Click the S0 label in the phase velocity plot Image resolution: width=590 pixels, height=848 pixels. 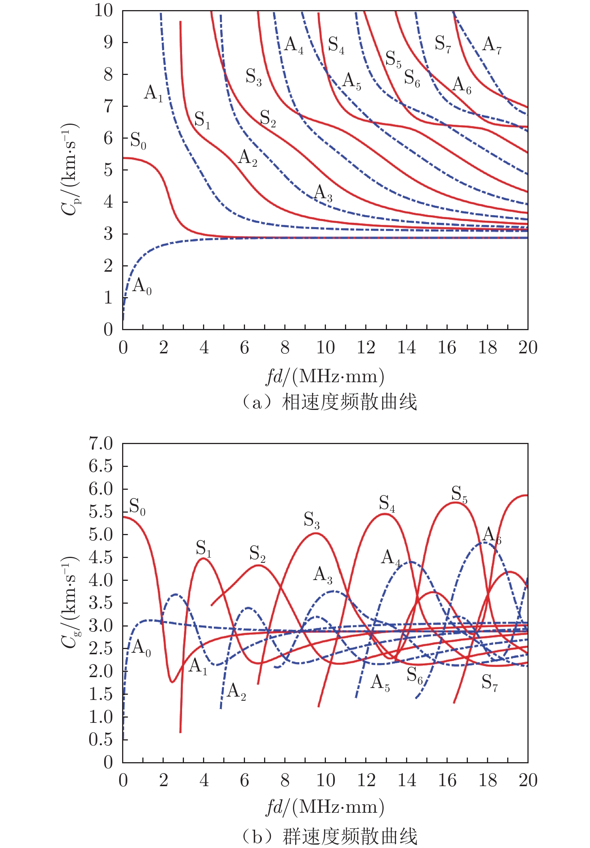click(x=138, y=141)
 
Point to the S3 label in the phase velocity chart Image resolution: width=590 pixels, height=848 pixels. click(x=254, y=77)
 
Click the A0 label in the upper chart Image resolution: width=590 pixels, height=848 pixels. click(x=142, y=286)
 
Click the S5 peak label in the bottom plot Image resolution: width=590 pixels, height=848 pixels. click(x=459, y=494)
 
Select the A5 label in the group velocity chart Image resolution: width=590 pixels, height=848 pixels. click(x=380, y=682)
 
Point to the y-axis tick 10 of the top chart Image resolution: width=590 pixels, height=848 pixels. click(x=103, y=10)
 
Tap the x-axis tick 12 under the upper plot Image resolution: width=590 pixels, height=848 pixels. click(x=366, y=348)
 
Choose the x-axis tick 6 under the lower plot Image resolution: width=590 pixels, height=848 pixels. click(x=244, y=780)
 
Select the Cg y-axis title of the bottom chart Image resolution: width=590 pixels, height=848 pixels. click(x=70, y=602)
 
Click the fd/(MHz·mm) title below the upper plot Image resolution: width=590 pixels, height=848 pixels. click(x=325, y=376)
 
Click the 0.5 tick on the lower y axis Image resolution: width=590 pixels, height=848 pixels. click(x=101, y=739)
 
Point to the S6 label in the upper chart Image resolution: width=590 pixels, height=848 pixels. click(x=412, y=78)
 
